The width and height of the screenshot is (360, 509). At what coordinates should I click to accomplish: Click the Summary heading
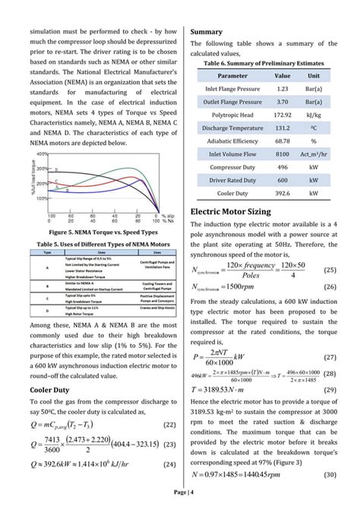[206, 32]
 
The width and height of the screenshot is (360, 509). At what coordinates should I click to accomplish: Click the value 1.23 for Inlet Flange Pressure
[282, 89]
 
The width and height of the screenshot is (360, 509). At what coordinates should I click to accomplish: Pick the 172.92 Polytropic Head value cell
[282, 115]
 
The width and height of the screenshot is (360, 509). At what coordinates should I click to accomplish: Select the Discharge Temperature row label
[232, 128]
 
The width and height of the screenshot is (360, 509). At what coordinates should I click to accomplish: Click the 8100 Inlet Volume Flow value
[282, 153]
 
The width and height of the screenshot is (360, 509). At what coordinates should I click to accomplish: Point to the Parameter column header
[232, 76]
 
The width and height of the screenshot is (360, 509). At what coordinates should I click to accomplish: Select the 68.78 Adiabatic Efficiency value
[282, 141]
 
